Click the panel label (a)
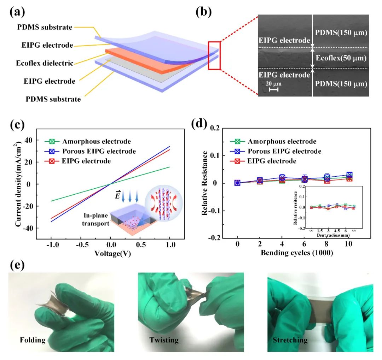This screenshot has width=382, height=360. point(17,13)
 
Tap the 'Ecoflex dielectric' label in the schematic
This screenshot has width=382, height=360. point(45,64)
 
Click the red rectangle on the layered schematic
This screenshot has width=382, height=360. point(214,55)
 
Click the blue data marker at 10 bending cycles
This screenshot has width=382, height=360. point(349,175)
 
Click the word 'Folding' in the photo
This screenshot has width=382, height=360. point(33,340)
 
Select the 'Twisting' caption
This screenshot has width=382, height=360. point(164,340)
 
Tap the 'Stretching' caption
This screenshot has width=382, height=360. point(290,340)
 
